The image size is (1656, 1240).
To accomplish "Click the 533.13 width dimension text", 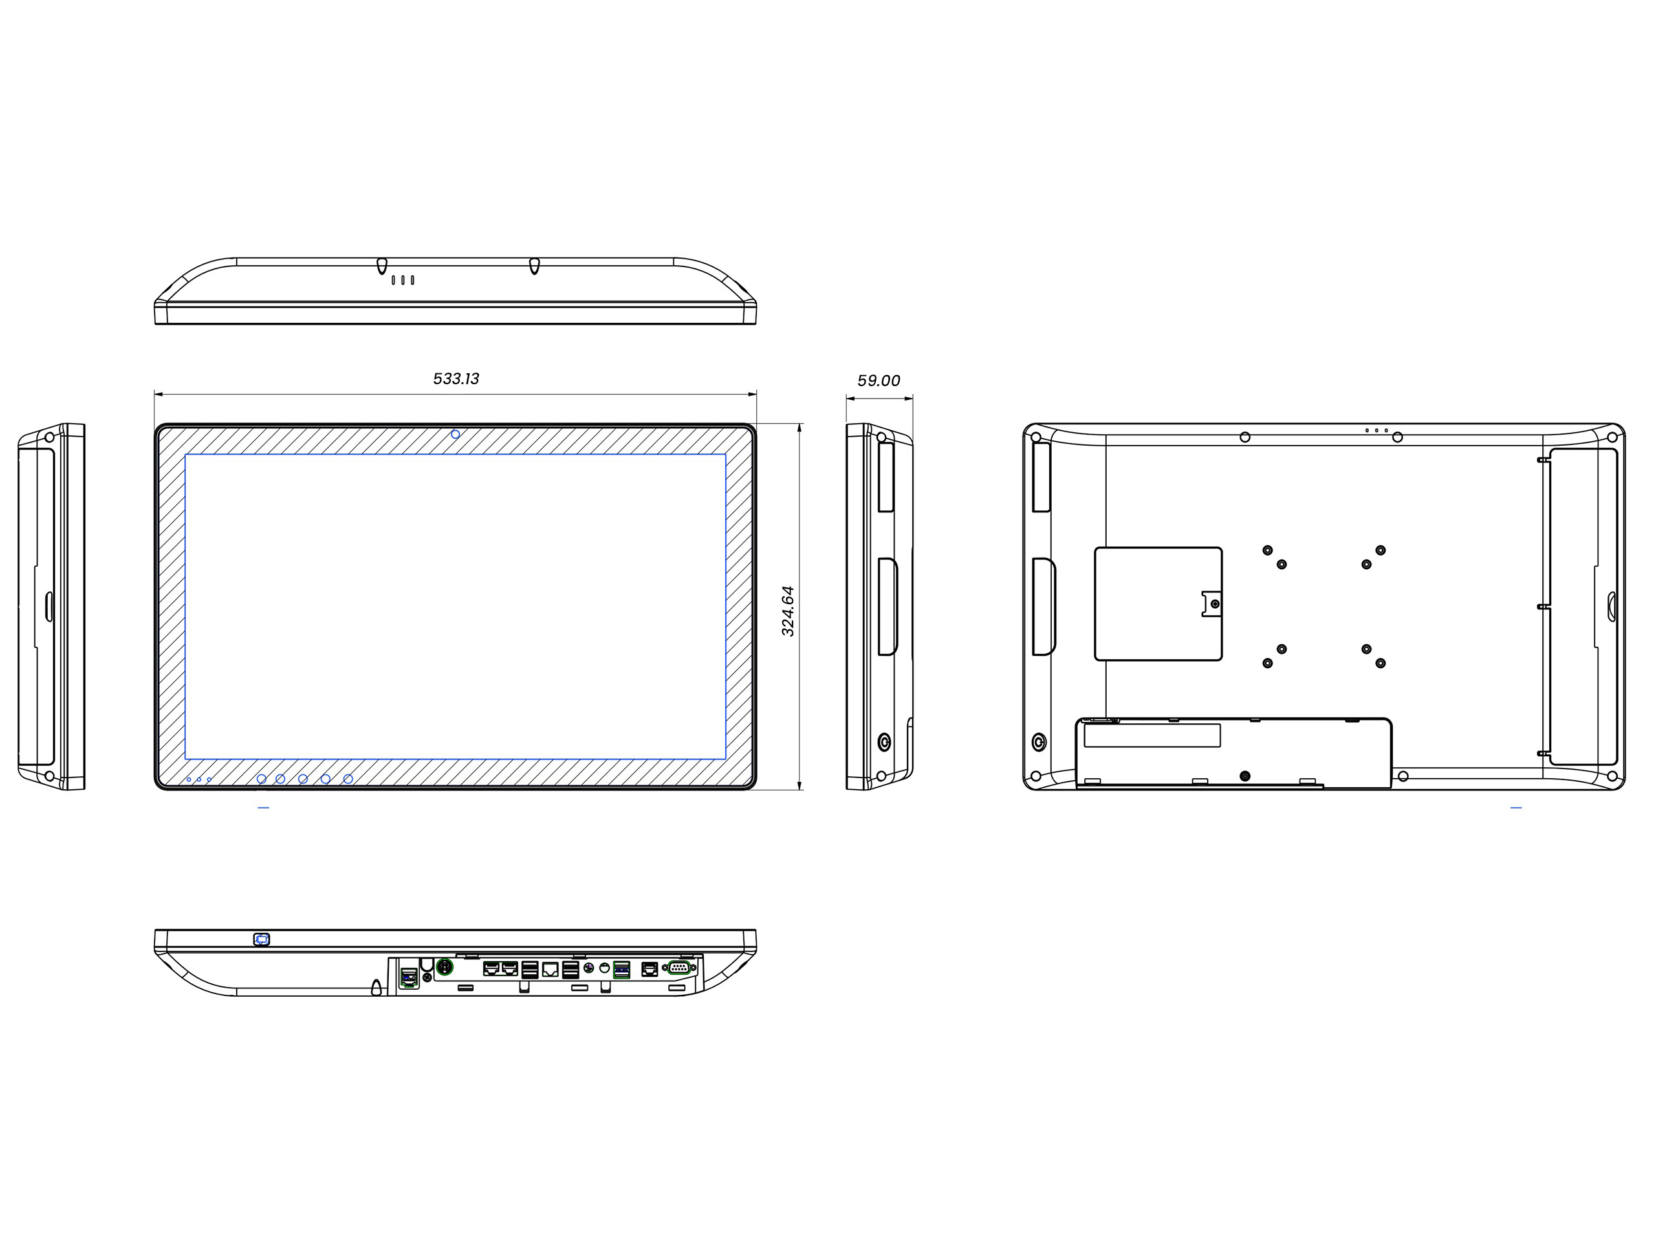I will click(456, 379).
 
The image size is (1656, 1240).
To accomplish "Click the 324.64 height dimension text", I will click(788, 611).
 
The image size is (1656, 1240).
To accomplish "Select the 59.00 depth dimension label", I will click(878, 381).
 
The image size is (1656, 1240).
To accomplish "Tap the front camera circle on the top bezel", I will click(455, 434).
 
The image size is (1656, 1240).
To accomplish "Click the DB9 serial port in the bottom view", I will click(680, 968).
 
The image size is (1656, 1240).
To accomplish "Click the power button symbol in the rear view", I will click(1038, 742).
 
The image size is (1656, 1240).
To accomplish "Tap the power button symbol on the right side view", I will click(884, 742).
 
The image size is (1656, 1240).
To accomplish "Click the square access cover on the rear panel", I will click(1157, 604).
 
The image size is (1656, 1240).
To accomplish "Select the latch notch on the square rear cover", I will click(1212, 604).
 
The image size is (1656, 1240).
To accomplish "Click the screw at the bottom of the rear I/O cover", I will click(1245, 776).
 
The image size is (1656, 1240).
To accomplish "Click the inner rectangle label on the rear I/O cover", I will click(1152, 735).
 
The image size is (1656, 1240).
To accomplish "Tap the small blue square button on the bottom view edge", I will click(261, 939).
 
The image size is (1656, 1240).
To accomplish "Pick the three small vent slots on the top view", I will click(403, 280).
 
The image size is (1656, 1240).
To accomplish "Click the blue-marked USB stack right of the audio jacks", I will click(622, 970).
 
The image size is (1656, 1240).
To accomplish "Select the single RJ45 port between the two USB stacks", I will click(550, 970).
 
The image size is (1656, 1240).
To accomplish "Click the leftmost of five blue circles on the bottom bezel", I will click(261, 779).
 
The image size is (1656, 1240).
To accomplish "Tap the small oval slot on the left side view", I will click(49, 607).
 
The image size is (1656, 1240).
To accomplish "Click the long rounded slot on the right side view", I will click(888, 607).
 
